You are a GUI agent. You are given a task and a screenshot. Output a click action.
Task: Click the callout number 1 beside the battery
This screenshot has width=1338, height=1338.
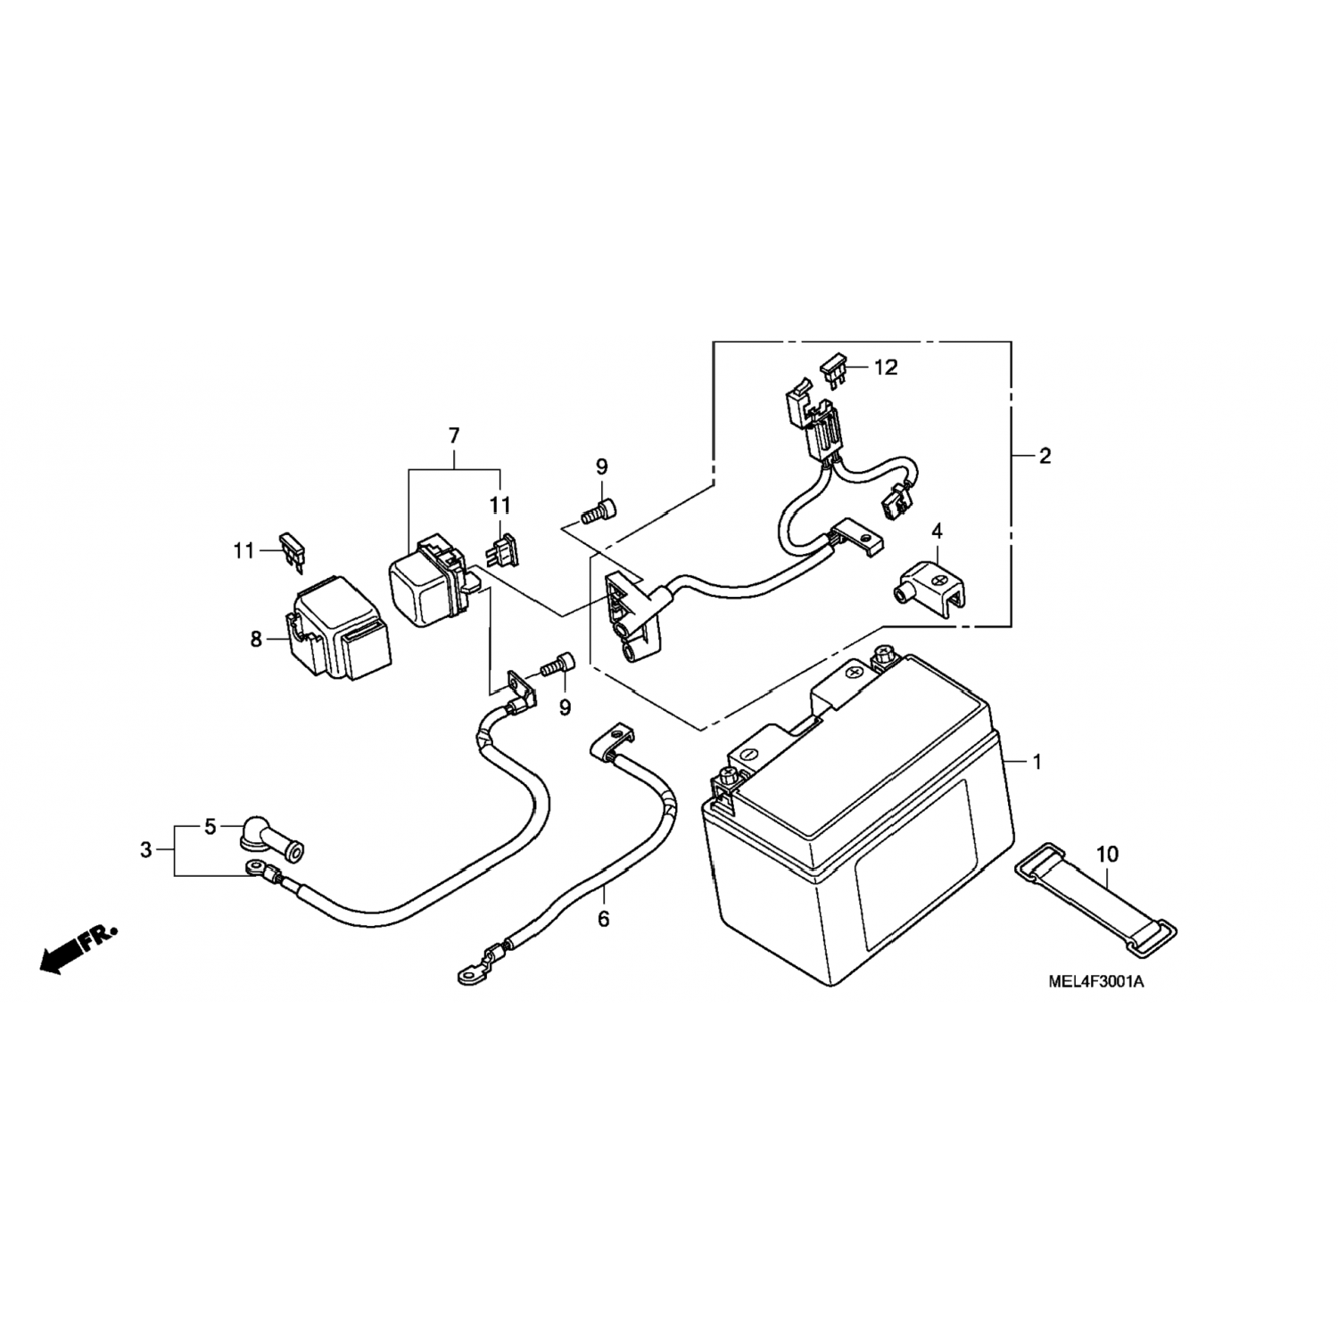coord(1037,762)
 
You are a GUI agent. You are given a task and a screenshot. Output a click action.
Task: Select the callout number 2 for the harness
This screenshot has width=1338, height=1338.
coord(1045,457)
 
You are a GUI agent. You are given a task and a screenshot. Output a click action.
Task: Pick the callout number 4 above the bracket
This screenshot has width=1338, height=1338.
coord(937,532)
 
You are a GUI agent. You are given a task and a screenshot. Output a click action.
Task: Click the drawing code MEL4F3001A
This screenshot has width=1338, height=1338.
coord(1096,982)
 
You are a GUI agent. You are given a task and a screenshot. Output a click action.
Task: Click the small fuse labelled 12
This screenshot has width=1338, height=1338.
coord(833,370)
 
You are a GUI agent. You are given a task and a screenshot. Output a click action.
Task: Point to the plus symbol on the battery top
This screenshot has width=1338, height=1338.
coord(854,671)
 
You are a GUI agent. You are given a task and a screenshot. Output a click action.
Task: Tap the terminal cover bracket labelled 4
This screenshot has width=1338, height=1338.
coord(933,586)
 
